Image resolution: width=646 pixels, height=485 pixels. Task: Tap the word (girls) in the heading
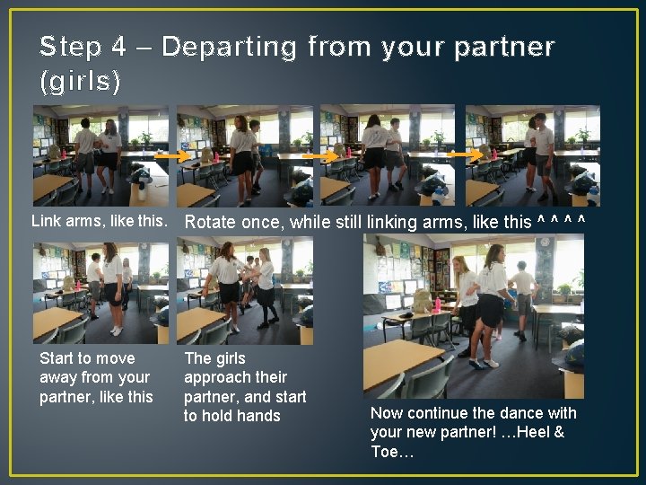pos(81,81)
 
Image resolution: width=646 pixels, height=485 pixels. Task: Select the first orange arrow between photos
pos(172,156)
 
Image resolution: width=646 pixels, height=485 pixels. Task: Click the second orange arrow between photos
pos(320,156)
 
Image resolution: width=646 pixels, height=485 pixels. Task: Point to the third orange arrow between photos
pos(466,154)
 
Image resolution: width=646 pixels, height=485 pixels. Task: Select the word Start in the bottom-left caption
pos(57,358)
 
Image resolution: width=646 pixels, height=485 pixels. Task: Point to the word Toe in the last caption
pos(385,452)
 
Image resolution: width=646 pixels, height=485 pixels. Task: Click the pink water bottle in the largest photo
pos(437,304)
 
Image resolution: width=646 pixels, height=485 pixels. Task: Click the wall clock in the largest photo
pos(546,242)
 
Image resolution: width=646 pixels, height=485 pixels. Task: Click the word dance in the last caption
pos(517,413)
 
